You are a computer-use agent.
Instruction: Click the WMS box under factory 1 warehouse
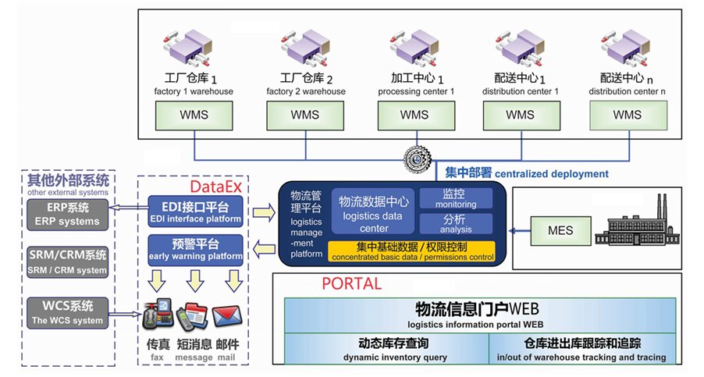click(x=194, y=115)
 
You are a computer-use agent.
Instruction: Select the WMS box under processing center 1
click(x=414, y=115)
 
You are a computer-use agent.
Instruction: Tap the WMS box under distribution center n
click(x=627, y=115)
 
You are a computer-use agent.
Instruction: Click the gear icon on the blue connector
click(x=418, y=159)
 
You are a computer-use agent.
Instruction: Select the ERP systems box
click(x=69, y=214)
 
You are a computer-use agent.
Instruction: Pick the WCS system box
click(x=69, y=313)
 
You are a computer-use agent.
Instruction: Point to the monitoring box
click(x=456, y=198)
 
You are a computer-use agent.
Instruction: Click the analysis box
click(x=456, y=224)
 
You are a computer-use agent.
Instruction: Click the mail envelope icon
click(x=226, y=318)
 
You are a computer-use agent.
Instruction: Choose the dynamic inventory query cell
click(x=386, y=348)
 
